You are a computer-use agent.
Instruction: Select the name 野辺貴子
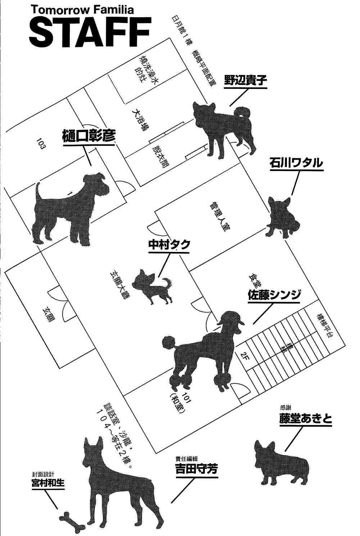pos(246,81)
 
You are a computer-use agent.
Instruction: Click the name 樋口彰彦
pos(89,136)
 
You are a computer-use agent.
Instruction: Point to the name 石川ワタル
pos(296,163)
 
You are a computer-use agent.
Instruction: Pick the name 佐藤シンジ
pos(274,295)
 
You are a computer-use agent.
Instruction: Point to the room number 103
pos(40,143)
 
